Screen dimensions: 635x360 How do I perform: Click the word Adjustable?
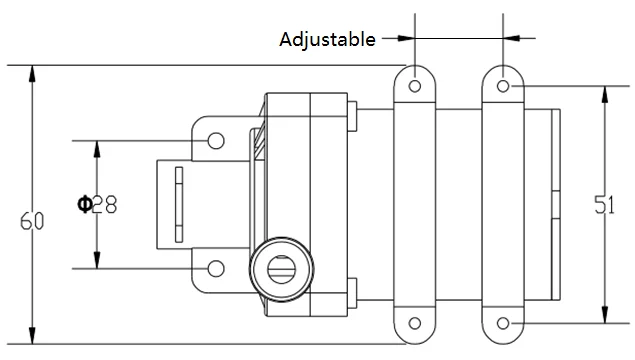coord(327,40)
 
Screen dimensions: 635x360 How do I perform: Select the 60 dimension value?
coord(32,222)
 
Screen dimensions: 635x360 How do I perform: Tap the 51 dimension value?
coord(604,204)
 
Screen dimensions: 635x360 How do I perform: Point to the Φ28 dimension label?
coord(97,204)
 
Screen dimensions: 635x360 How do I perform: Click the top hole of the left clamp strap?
coord(415,86)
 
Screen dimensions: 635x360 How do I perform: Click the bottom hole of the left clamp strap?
coord(415,323)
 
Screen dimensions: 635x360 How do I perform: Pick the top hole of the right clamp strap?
coord(503,86)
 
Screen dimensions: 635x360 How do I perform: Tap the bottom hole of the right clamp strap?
coord(503,323)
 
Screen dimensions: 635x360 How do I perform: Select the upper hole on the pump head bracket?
coord(216,141)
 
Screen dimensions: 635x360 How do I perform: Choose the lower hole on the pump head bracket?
coord(216,268)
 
